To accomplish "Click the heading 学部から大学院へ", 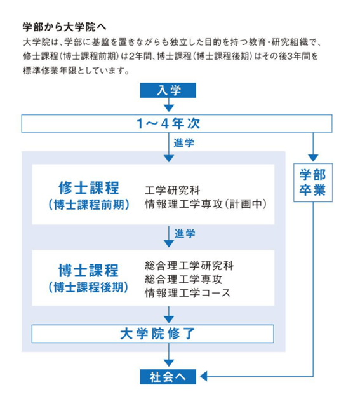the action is coord(65,27).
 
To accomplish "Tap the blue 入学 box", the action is coord(168,90).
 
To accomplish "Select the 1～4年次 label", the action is coord(168,124).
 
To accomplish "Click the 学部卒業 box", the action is coord(313,182).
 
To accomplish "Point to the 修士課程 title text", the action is coord(89,188).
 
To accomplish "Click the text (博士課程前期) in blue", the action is coord(89,205).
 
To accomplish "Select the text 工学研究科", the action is coord(173,190).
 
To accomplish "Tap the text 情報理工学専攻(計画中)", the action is coord(206,204).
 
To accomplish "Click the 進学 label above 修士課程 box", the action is coord(183,143).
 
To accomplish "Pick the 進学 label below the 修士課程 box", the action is coord(185,234).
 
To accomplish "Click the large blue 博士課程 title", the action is coord(88,271).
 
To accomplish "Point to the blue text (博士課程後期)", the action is coord(88,287).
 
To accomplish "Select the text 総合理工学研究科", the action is coord(189,266).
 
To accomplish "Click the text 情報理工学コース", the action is coord(187,293).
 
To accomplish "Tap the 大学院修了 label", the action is coord(157,334).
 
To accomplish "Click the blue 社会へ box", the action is coord(168,377).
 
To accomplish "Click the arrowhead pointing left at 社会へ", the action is coord(204,376).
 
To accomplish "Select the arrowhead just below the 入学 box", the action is coord(169,108).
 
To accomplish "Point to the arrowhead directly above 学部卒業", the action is coord(313,158).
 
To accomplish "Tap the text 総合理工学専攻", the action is coord(183,279).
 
